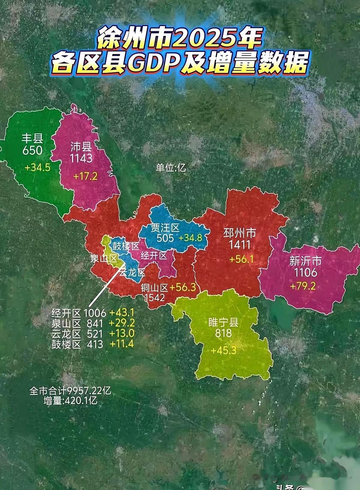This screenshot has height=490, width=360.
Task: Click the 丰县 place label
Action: (x=32, y=138)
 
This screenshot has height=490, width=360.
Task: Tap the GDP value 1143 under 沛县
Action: (x=81, y=158)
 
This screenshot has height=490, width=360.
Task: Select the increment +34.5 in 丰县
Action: (x=37, y=167)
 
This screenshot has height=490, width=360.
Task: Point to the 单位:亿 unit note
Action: (x=170, y=167)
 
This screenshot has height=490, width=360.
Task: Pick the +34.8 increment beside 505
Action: (x=191, y=238)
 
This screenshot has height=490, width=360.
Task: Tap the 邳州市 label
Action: (x=240, y=233)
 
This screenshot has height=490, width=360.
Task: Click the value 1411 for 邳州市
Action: (x=240, y=245)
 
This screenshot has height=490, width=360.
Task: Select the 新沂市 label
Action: (x=305, y=260)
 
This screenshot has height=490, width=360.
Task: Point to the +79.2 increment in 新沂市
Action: (x=303, y=286)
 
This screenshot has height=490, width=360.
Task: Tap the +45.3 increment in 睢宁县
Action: (x=223, y=350)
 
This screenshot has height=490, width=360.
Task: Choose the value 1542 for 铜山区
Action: (x=154, y=297)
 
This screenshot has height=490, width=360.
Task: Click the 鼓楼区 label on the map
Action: (x=126, y=246)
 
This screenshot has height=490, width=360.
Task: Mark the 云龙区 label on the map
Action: (x=132, y=273)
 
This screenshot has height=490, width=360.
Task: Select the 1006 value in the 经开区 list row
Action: (x=95, y=313)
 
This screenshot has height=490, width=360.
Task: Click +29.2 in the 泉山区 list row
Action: (x=122, y=323)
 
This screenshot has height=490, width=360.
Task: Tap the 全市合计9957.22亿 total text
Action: (x=70, y=391)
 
